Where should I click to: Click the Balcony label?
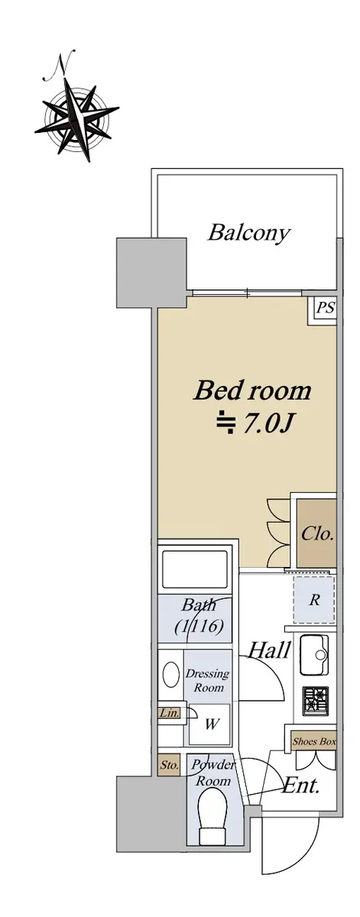click(x=249, y=233)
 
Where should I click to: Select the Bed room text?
click(x=252, y=390)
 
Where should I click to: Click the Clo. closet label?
click(x=316, y=534)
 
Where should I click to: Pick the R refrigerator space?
click(x=313, y=600)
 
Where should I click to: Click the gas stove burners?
click(x=316, y=701)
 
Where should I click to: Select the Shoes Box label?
click(x=314, y=741)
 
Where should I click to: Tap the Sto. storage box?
click(x=169, y=765)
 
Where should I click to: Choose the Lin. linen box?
click(x=169, y=713)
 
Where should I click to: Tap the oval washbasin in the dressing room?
click(x=170, y=674)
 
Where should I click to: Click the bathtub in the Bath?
click(x=195, y=569)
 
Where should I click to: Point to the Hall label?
click(x=270, y=650)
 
